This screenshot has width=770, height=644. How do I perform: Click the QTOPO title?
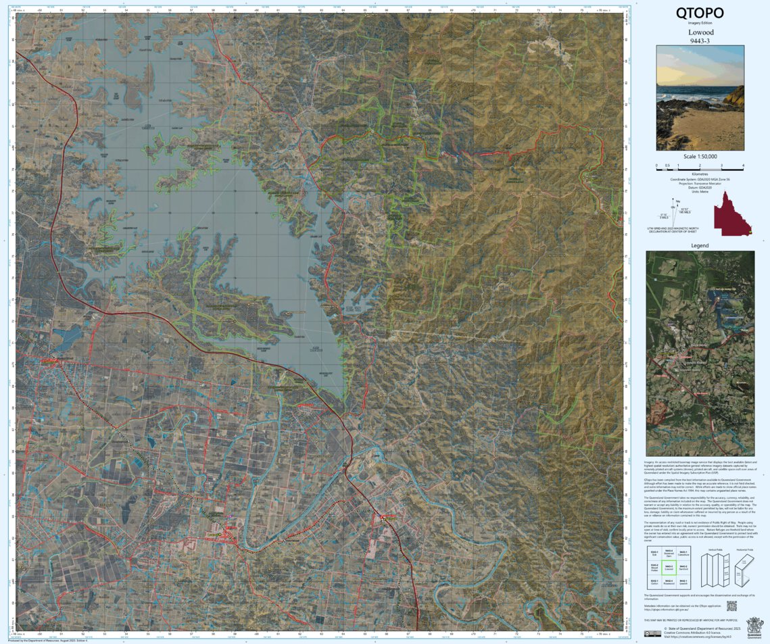[699, 13]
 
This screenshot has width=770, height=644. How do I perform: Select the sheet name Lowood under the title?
[700, 32]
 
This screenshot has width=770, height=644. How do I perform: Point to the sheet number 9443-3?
[700, 41]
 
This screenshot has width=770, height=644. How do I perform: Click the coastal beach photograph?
[700, 97]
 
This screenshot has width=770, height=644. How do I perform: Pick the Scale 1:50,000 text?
[700, 157]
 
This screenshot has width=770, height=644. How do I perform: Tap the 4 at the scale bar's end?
[743, 165]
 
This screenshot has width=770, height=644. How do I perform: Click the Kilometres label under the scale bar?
[700, 173]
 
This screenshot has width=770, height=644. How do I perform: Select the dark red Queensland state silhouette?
[736, 215]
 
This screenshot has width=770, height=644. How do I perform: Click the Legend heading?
[700, 245]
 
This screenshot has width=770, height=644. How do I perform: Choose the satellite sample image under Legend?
[700, 353]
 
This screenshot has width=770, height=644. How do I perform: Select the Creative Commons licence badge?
[652, 633]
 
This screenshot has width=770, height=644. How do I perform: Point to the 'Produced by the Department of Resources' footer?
[47, 640]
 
